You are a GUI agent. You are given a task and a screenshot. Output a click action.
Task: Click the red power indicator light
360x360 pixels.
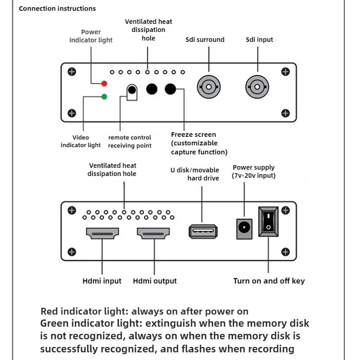(x=104, y=83)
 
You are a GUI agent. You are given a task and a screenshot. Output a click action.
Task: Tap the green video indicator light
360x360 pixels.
(x=104, y=96)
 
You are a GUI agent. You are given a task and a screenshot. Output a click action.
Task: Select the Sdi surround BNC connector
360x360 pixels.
(x=208, y=86)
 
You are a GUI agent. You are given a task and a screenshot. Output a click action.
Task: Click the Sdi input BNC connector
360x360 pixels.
(x=257, y=86)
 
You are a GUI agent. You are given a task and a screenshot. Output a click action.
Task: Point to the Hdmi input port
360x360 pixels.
(x=102, y=233)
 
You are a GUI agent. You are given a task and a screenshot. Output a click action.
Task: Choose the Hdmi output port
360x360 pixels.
(x=154, y=233)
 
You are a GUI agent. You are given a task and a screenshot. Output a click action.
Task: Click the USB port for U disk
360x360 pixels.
(x=202, y=231)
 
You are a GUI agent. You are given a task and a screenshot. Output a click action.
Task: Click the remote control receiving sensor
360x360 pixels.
(x=131, y=90)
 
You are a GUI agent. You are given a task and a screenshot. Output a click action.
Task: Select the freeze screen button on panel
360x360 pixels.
(x=170, y=89)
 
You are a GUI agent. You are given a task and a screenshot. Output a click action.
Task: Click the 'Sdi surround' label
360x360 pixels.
(x=205, y=40)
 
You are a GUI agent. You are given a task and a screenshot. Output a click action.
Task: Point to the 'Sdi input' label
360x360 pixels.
(x=260, y=40)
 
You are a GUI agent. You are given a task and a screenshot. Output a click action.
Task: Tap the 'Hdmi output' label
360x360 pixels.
(x=155, y=281)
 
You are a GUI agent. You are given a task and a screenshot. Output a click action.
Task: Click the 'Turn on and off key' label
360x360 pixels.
(x=269, y=281)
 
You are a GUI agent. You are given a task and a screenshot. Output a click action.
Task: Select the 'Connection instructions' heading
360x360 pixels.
(x=57, y=9)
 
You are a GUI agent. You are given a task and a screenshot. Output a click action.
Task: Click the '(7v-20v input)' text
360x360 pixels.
(x=254, y=175)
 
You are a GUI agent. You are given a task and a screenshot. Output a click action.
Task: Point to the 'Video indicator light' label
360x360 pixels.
(x=81, y=141)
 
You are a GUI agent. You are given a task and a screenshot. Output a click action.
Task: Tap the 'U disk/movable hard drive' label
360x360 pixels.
(x=196, y=174)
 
